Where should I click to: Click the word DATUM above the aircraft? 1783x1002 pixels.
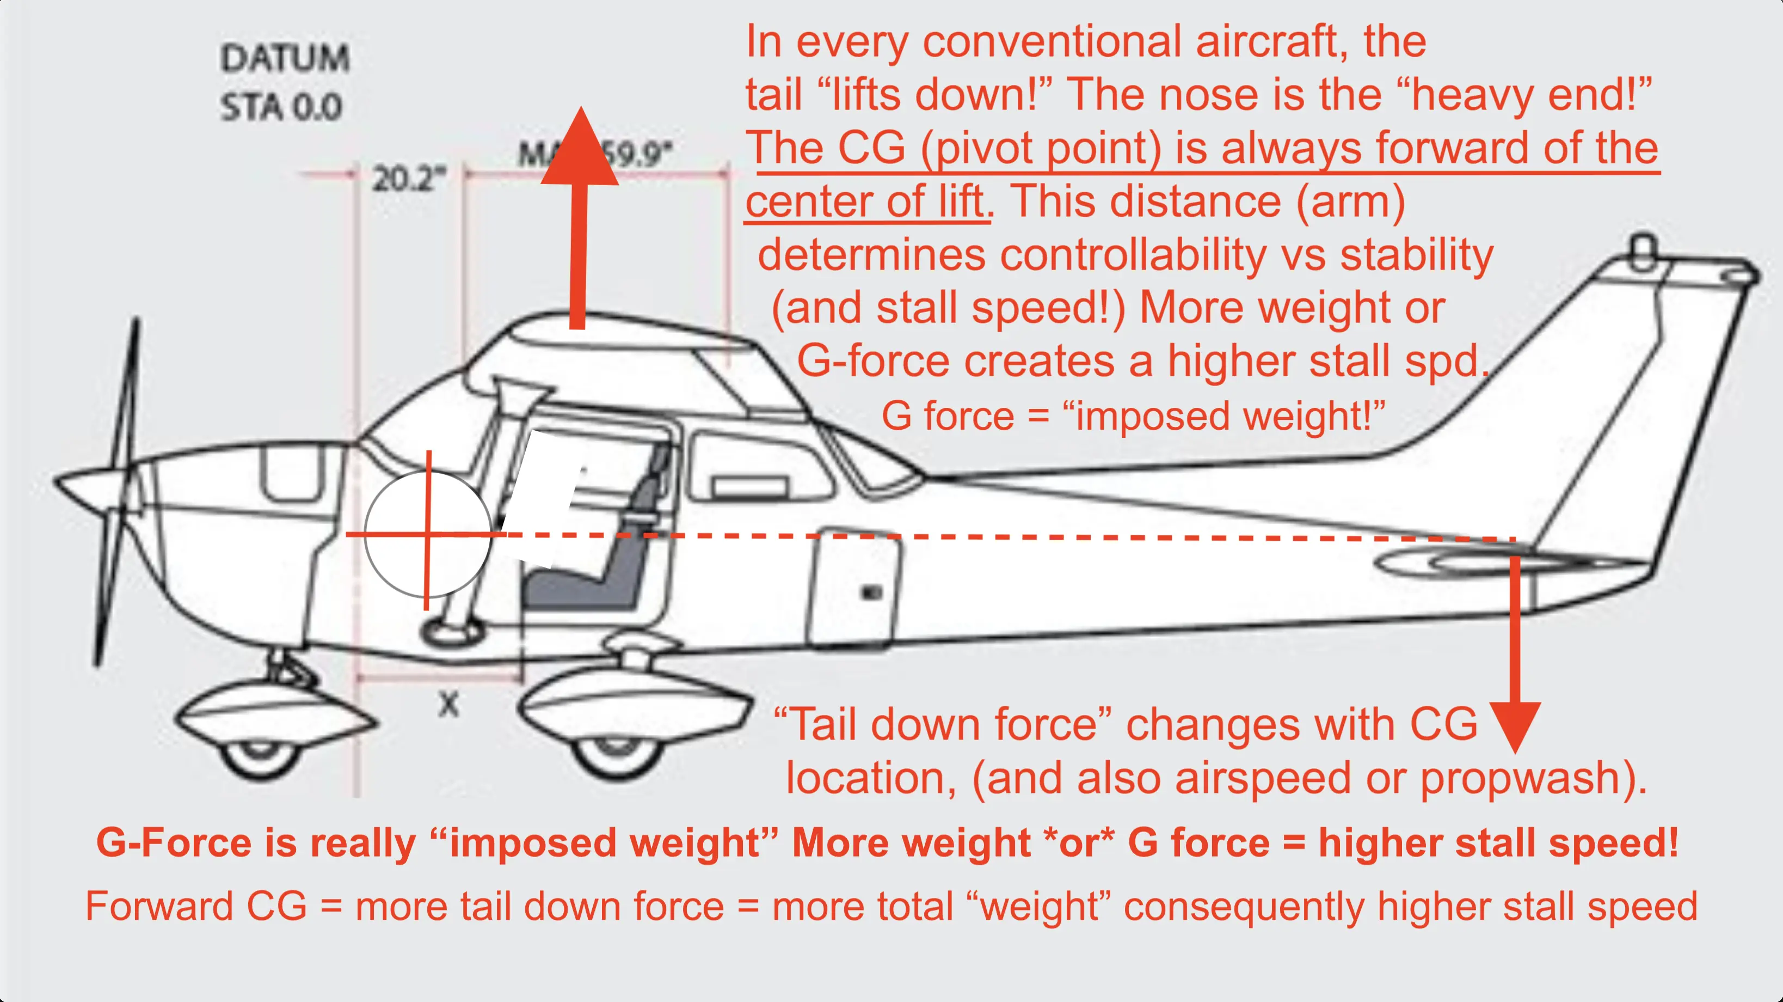click(285, 58)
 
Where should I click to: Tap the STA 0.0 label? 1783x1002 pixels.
click(281, 108)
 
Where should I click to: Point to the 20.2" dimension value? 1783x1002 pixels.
click(408, 179)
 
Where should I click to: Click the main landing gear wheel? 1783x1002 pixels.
click(614, 758)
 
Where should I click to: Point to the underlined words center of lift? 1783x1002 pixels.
click(865, 202)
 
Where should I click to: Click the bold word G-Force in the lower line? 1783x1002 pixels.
click(174, 843)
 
